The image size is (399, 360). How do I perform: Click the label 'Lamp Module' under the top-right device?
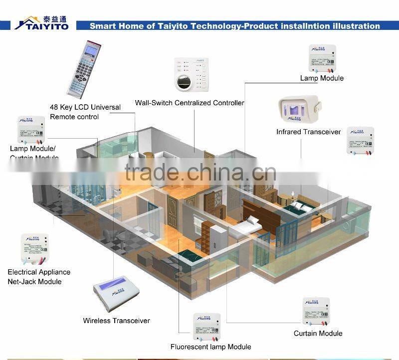pos(322,78)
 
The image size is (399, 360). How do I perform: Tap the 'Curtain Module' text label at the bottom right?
pos(318,334)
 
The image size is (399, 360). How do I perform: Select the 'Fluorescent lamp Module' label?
pos(210,347)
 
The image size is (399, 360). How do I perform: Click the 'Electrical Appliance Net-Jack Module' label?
pos(39,277)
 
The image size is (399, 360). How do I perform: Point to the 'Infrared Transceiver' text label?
pos(309,132)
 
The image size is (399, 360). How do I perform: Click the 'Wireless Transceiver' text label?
pos(116,321)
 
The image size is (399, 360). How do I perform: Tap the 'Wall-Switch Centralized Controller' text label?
pos(190,103)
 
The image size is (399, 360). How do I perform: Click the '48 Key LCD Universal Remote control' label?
pos(85,112)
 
